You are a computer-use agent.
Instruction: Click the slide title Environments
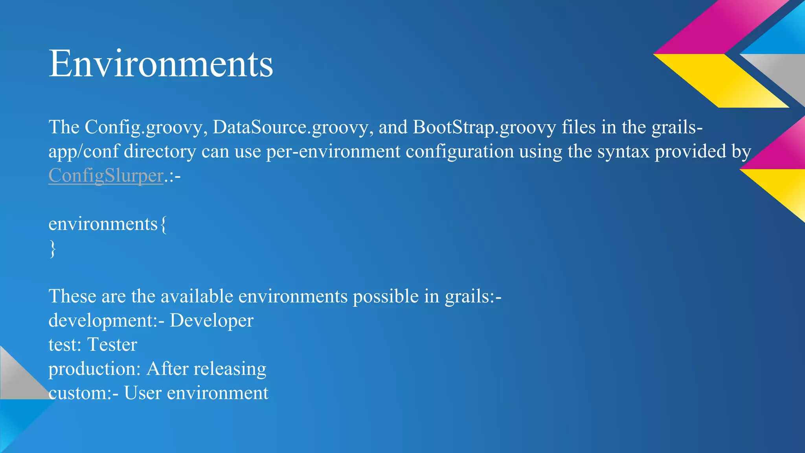[x=160, y=64]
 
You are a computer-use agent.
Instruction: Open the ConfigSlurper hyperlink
[x=106, y=175]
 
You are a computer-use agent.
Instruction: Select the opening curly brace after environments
[x=164, y=225]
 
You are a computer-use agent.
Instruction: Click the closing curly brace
[x=53, y=249]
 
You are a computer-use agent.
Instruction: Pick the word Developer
[x=211, y=320]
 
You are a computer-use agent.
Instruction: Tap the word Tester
[x=112, y=345]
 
